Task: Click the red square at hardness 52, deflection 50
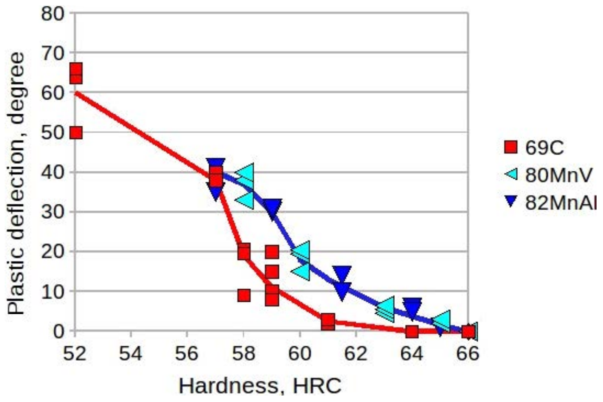(x=76, y=133)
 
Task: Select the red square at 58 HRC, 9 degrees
(x=244, y=295)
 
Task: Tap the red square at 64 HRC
(x=412, y=331)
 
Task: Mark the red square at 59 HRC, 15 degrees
(x=272, y=271)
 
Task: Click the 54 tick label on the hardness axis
(x=131, y=357)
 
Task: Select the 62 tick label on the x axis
(x=356, y=357)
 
